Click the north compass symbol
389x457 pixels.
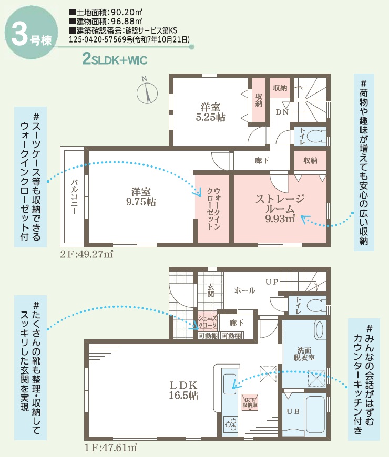147,92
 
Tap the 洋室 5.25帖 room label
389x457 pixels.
210,112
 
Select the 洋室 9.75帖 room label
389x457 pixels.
141,197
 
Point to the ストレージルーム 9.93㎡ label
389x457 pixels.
280,209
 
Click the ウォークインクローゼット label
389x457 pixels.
213,209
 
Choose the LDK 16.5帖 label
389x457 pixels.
183,390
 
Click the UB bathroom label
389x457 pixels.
293,411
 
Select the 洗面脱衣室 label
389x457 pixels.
304,354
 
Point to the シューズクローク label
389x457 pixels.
207,322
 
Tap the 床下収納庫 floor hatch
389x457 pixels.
250,402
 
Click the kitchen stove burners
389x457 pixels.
230,424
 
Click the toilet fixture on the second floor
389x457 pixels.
317,136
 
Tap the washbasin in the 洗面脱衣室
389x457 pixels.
320,330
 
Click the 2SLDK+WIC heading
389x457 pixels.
115,59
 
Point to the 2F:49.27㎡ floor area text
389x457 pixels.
87,254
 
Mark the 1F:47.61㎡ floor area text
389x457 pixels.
111,448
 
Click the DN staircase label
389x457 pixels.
282,112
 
